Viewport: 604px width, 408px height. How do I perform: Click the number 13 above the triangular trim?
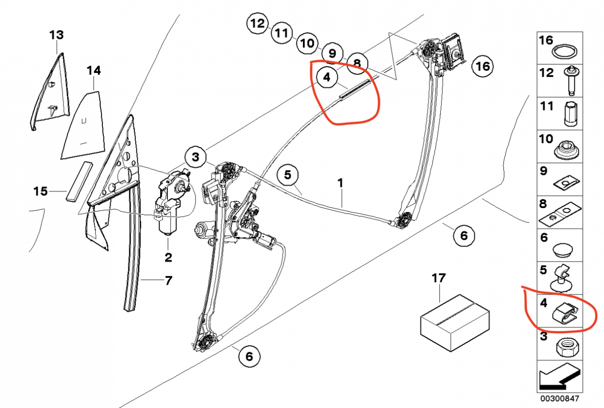tap(57, 35)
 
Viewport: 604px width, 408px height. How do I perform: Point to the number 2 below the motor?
tap(168, 258)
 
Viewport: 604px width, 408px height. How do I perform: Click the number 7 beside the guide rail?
tap(168, 281)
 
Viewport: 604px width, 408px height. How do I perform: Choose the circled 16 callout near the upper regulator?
tap(482, 67)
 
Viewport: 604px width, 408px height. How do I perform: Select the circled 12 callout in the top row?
tap(258, 23)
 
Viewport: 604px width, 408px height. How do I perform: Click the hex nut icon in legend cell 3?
tap(565, 349)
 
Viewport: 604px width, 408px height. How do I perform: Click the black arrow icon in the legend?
tap(559, 376)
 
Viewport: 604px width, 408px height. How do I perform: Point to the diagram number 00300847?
tap(560, 398)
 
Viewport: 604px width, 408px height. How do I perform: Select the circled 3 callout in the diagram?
tap(195, 157)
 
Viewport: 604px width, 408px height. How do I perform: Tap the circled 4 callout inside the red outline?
tap(326, 78)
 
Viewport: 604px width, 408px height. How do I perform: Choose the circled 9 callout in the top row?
tap(332, 53)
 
